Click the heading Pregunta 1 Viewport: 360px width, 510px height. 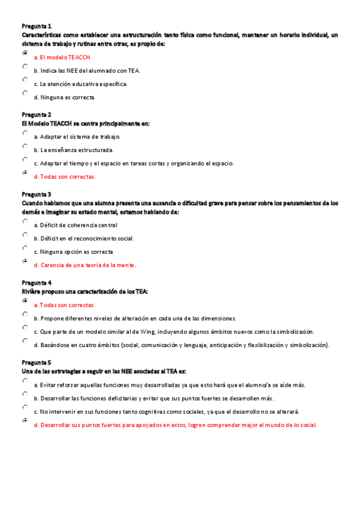[x=37, y=26]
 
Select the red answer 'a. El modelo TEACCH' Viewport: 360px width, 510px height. [x=62, y=57]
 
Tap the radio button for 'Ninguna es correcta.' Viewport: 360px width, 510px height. [x=25, y=93]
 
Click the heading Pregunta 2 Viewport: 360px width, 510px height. [x=37, y=114]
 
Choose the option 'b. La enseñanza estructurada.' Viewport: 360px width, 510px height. [x=73, y=150]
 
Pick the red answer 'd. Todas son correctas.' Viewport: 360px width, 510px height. [x=64, y=177]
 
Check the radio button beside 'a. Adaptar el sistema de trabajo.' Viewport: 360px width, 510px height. [x=25, y=133]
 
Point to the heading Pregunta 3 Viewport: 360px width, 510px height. [x=37, y=194]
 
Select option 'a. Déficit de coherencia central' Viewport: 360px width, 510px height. [x=75, y=225]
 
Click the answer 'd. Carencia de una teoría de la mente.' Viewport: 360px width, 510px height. [x=85, y=265]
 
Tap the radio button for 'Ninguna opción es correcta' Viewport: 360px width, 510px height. [x=25, y=248]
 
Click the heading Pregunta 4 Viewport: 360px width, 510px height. [x=37, y=283]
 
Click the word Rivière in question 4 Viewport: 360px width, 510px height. [x=31, y=291]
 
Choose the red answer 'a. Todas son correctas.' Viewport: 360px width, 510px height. [x=64, y=305]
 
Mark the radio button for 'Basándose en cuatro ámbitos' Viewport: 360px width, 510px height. [x=25, y=341]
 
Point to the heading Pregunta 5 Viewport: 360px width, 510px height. [x=37, y=363]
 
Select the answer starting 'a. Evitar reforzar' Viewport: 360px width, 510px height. [x=169, y=385]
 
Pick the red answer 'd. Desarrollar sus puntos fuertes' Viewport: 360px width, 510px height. [x=175, y=425]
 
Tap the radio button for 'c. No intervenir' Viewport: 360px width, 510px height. [x=25, y=408]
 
